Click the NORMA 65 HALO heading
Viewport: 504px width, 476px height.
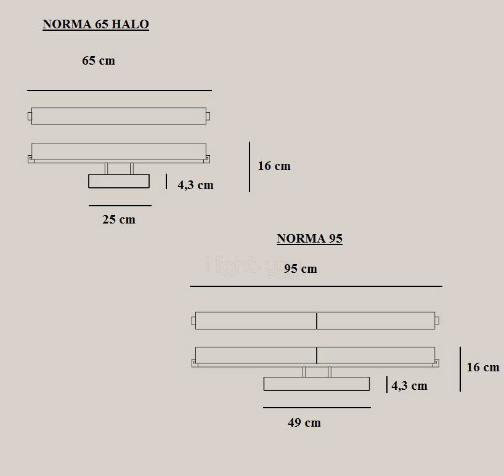tap(96, 25)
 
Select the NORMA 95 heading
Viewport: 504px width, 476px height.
tap(309, 239)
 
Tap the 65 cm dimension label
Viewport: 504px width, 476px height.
tap(99, 61)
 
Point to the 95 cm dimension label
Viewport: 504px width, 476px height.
tap(301, 269)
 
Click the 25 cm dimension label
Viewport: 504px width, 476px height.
tap(119, 220)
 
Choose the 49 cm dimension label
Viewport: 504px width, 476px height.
tap(304, 423)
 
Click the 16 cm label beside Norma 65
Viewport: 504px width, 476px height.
tap(274, 166)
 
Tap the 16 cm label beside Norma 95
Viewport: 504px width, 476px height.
tap(483, 368)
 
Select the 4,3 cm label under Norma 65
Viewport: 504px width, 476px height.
tap(196, 185)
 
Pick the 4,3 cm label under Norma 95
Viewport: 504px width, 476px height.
tap(409, 386)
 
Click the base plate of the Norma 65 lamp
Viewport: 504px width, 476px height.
tap(119, 181)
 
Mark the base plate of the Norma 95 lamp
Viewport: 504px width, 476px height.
tap(317, 384)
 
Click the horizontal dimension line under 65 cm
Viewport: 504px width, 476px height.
tap(120, 91)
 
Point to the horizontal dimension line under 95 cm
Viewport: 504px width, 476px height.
tap(315, 286)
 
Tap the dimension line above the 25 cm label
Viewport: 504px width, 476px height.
tap(120, 206)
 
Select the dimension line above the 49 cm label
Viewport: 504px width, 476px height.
tap(317, 408)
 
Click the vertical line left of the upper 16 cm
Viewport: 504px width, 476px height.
tap(250, 167)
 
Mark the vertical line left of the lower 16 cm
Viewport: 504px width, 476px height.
tap(460, 369)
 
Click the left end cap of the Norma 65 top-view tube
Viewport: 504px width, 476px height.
tap(30, 116)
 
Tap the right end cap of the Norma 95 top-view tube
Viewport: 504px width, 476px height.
tap(437, 320)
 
